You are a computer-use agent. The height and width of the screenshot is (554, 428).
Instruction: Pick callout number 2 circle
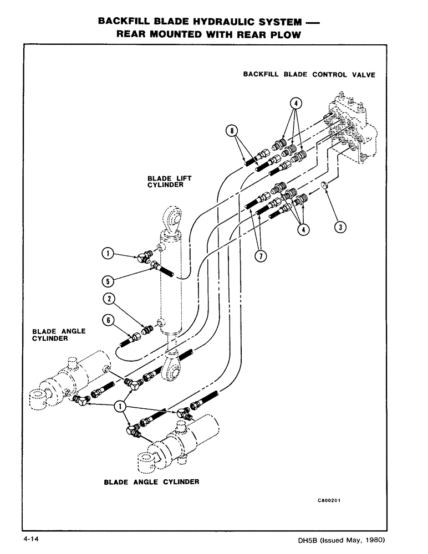[110, 299]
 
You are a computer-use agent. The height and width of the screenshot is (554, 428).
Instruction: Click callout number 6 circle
[109, 320]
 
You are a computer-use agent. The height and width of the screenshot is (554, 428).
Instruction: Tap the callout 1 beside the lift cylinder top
[109, 254]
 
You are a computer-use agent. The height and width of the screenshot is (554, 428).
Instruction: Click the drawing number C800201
[329, 500]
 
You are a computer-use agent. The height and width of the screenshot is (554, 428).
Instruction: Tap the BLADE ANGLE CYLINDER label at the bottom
[151, 482]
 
